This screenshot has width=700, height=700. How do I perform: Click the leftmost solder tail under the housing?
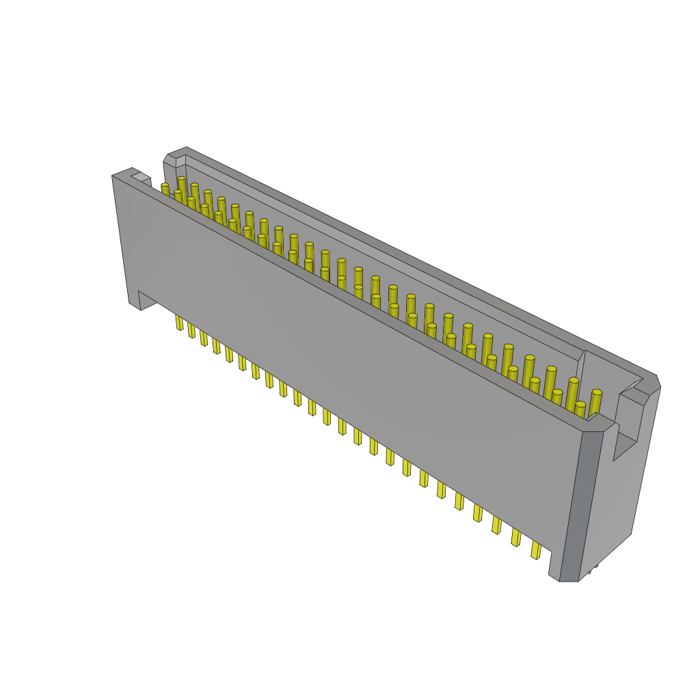pyautogui.click(x=179, y=322)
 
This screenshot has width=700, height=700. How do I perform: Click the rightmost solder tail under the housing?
pyautogui.click(x=536, y=550)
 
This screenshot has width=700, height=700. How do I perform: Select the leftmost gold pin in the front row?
pyautogui.click(x=165, y=189)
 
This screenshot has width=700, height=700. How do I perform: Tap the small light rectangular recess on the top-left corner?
pyautogui.click(x=140, y=177)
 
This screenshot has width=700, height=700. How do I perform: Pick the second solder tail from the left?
pyautogui.click(x=191, y=330)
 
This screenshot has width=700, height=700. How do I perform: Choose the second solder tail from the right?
pyautogui.click(x=516, y=537)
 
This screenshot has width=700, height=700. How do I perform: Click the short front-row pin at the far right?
pyautogui.click(x=580, y=409)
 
